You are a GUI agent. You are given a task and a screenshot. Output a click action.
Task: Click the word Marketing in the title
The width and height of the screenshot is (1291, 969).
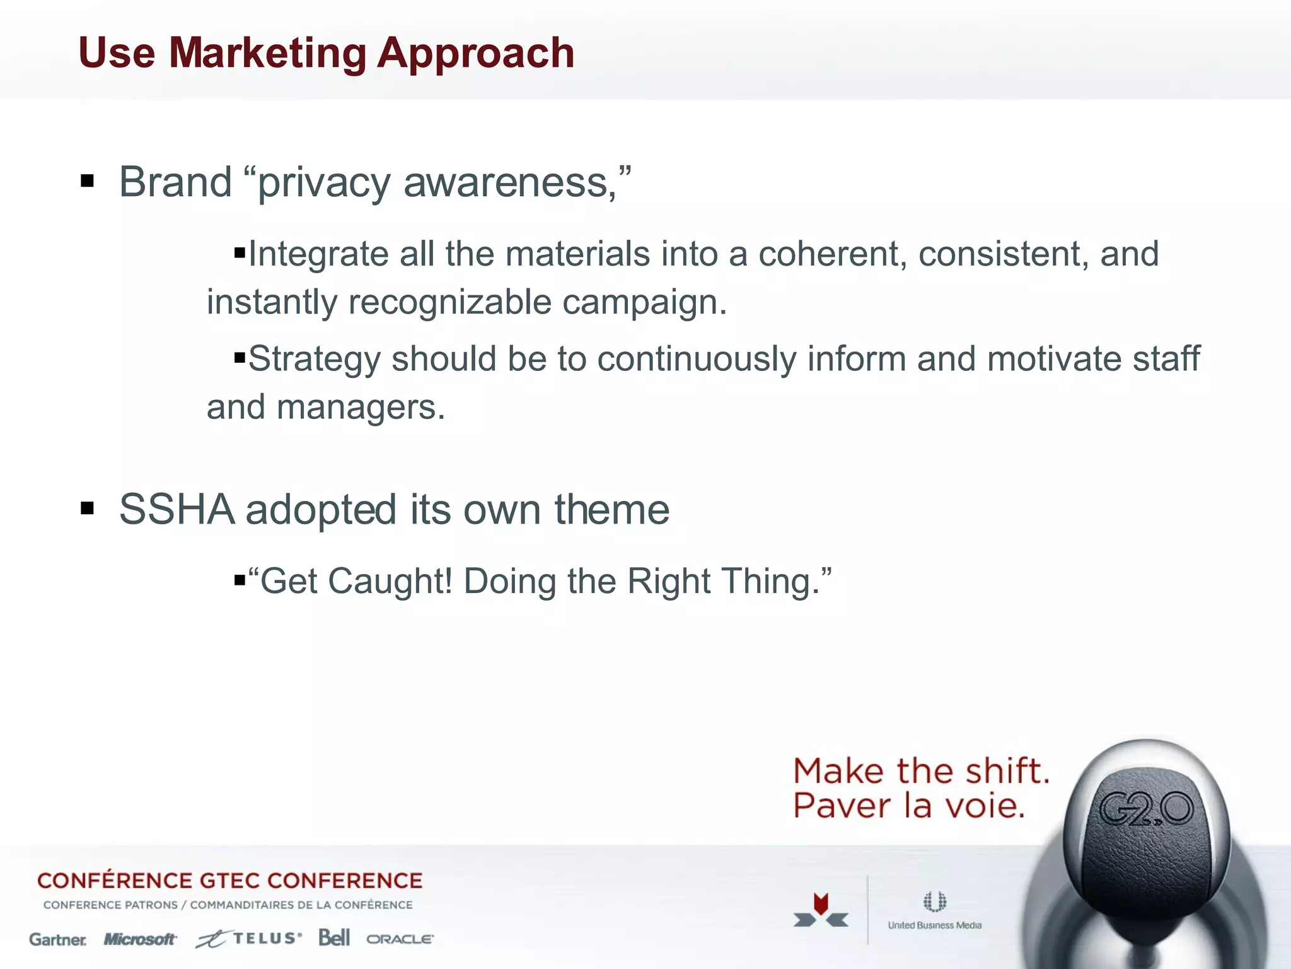pyautogui.click(x=267, y=53)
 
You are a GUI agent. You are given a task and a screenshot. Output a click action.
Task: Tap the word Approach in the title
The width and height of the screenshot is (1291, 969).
pyautogui.click(x=475, y=54)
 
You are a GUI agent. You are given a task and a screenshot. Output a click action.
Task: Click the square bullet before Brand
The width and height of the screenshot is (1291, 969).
pyautogui.click(x=88, y=182)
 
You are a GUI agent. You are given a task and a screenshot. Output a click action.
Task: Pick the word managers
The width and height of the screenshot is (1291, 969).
pyautogui.click(x=360, y=408)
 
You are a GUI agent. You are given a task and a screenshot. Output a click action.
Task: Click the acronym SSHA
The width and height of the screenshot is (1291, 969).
pyautogui.click(x=177, y=510)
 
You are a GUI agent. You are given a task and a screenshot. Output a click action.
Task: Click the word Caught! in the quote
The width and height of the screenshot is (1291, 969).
pyautogui.click(x=390, y=581)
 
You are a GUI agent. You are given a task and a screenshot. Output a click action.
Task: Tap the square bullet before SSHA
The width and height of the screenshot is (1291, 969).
pyautogui.click(x=88, y=508)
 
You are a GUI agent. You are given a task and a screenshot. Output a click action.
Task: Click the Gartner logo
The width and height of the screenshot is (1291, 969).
pyautogui.click(x=58, y=940)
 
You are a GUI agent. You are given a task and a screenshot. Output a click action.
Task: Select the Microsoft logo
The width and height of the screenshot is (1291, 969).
pyautogui.click(x=139, y=939)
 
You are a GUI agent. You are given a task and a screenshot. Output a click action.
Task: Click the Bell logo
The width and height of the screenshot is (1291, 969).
pyautogui.click(x=333, y=937)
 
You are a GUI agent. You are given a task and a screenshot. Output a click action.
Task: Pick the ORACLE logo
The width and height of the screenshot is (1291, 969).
pyautogui.click(x=400, y=939)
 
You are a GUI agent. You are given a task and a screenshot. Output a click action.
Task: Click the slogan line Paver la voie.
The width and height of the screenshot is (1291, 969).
pyautogui.click(x=908, y=806)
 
